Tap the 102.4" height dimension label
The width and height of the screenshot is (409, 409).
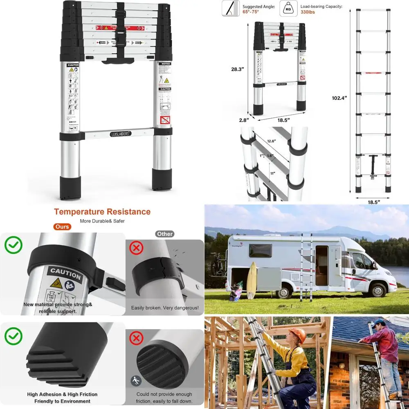pos(339,98)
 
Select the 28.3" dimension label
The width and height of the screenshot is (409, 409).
pos(237,69)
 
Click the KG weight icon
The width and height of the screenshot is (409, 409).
pos(289,8)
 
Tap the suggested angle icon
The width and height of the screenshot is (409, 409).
pos(231,8)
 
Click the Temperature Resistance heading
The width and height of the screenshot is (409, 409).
pos(102,212)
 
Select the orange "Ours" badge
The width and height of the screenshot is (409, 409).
pos(62,227)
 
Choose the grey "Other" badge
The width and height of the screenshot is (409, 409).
pos(164,234)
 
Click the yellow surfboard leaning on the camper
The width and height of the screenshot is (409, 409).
pos(252,280)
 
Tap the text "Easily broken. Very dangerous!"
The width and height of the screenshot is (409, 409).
pos(165,308)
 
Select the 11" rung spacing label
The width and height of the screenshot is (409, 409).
pos(272,173)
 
